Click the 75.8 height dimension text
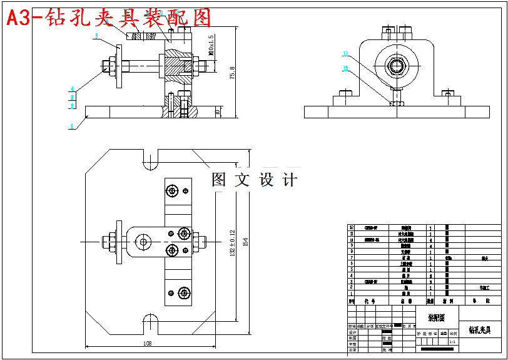coord(232,73)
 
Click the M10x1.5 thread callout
coord(211,46)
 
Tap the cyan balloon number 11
coord(345,54)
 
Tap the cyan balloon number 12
coord(345,69)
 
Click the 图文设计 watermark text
coord(255,180)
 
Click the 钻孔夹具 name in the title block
coord(480,329)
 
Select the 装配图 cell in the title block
coord(437,318)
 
